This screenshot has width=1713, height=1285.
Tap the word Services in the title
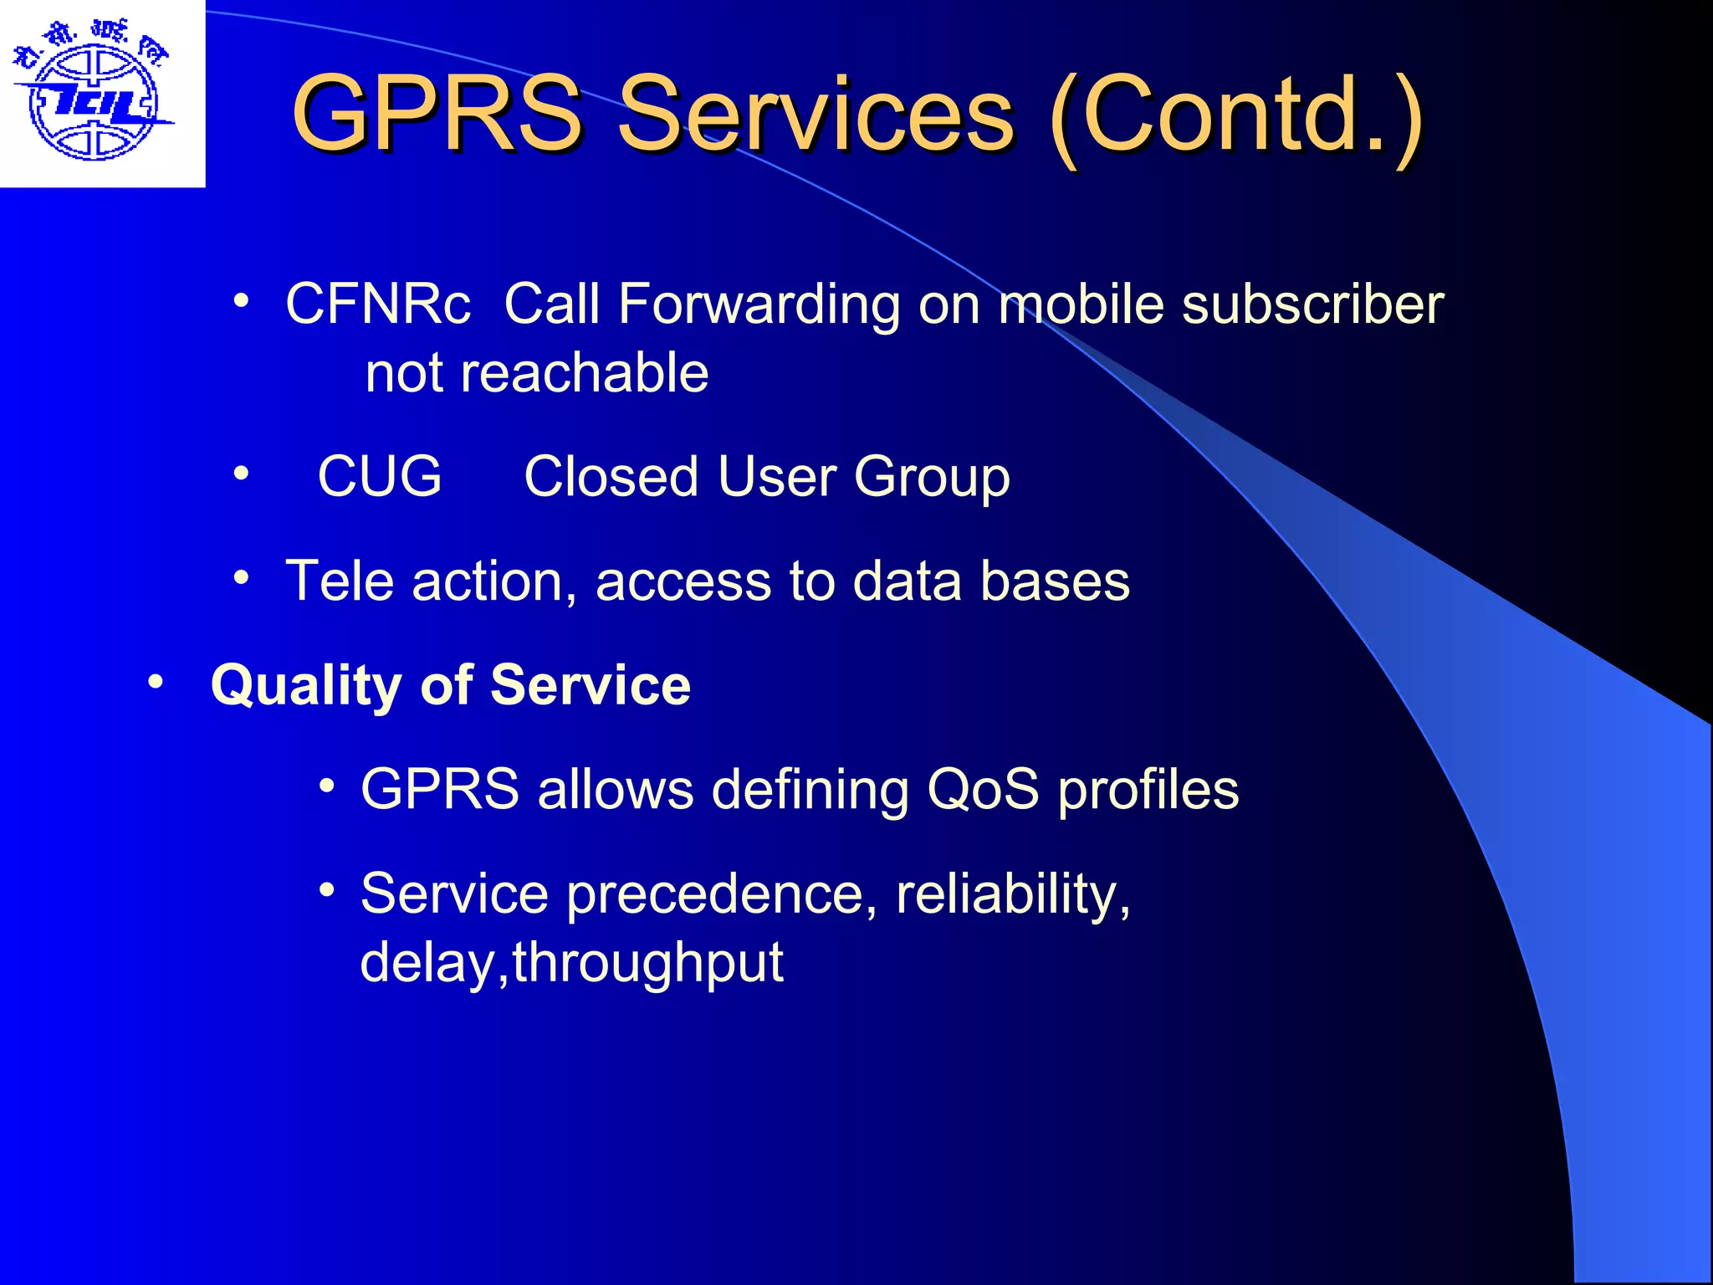pos(816,115)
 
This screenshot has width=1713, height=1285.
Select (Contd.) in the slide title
pos(1235,115)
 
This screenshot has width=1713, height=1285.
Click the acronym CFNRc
pos(378,304)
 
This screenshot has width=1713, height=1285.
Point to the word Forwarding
pos(759,304)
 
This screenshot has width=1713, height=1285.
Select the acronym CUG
pos(380,477)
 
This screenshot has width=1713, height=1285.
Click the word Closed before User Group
pos(611,477)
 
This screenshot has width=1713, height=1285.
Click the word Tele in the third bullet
pos(340,581)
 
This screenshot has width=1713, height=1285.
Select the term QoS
pos(983,790)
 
